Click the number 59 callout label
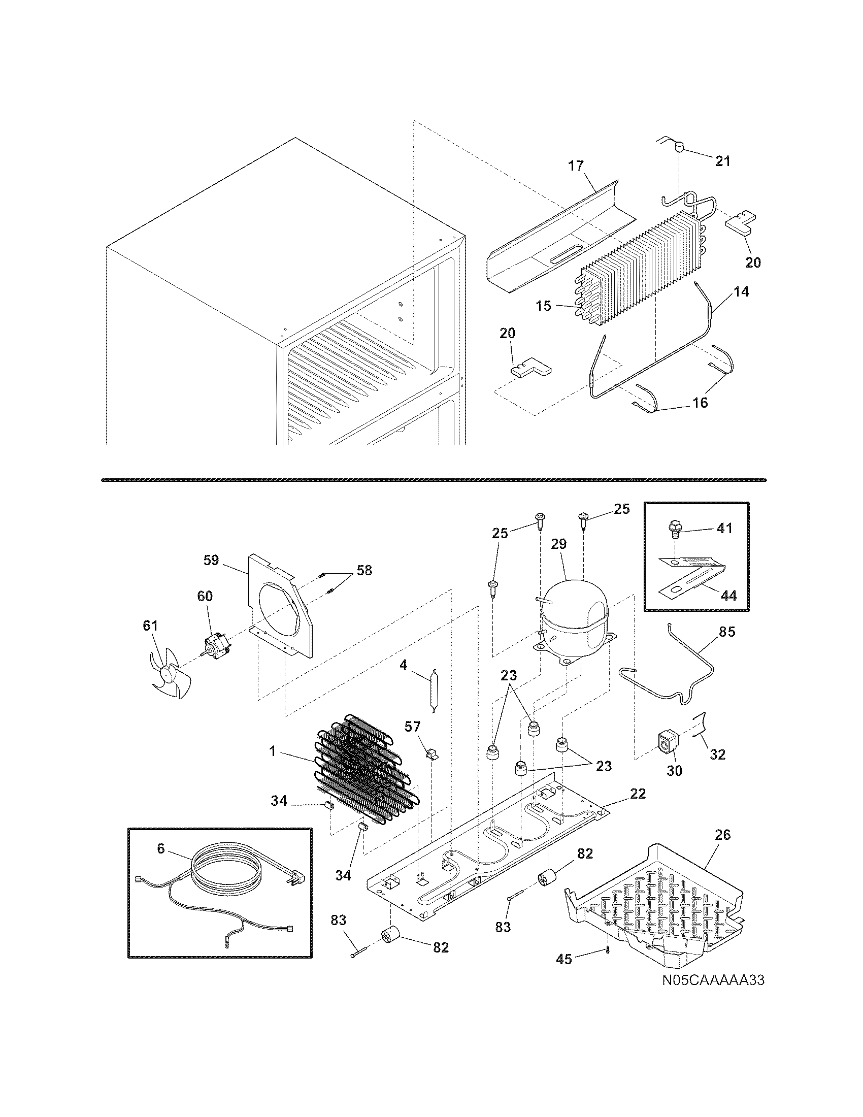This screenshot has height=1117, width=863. [x=211, y=561]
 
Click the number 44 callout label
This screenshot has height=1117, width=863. [x=728, y=596]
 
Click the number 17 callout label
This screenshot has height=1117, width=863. [x=576, y=166]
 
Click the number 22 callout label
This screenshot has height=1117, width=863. [x=638, y=794]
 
